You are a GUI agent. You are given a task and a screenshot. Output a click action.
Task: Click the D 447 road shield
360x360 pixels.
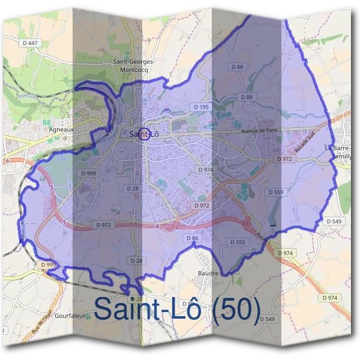[32, 43]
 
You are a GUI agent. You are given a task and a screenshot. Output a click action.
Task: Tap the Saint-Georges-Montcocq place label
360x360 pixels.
[134, 65]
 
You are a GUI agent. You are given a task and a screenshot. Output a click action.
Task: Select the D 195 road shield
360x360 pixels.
[201, 107]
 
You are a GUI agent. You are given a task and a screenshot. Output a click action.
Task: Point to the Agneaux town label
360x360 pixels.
[61, 128]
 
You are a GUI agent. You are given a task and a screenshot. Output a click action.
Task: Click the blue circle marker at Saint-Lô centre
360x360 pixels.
[143, 133]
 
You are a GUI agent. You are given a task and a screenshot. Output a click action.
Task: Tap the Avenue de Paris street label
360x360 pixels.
[259, 131]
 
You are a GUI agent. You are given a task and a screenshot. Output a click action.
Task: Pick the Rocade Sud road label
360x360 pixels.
[304, 143]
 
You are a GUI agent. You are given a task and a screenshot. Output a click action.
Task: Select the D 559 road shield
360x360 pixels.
[275, 192]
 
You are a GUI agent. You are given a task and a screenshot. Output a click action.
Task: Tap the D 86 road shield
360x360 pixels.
[193, 238]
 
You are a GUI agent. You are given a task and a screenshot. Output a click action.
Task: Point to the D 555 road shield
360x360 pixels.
[238, 242]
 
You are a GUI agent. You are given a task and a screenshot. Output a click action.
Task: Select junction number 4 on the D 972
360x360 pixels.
[157, 227]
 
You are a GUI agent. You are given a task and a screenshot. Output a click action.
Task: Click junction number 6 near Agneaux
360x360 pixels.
[7, 161]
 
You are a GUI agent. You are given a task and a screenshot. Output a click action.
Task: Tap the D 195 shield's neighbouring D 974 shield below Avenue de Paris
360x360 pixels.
[205, 170]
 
